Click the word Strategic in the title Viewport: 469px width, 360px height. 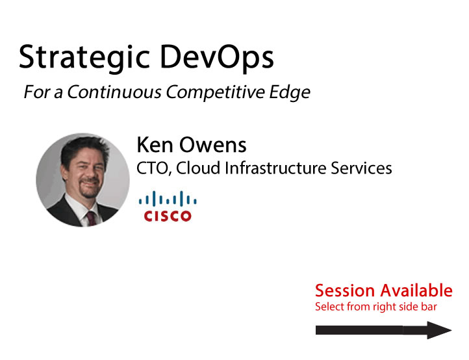tap(84, 58)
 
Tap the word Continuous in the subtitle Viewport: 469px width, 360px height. tap(114, 92)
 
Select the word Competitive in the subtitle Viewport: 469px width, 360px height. tap(216, 92)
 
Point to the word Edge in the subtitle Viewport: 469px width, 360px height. tap(290, 92)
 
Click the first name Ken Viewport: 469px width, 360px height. tap(155, 145)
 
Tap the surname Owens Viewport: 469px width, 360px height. tap(212, 145)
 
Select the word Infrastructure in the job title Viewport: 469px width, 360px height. tap(275, 168)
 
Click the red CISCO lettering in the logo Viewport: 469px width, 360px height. tap(168, 216)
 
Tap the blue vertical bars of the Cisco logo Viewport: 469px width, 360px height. tap(168, 199)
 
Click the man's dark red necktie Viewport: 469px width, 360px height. tap(91, 218)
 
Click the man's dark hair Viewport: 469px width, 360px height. tap(84, 149)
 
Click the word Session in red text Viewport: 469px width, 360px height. tap(345, 290)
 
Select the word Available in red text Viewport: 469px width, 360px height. tap(416, 290)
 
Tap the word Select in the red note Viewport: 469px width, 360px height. tap(329, 307)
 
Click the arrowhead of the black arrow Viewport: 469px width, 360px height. tap(439, 330)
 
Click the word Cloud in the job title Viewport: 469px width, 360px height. tap(198, 168)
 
